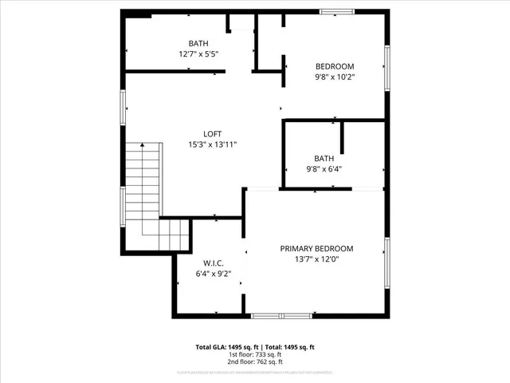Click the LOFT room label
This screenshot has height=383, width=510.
[212, 134]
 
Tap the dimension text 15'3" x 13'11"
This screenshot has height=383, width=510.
[212, 145]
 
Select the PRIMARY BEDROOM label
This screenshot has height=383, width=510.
[316, 249]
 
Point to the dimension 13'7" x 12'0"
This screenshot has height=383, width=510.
[316, 260]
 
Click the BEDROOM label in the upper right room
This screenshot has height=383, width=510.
[335, 66]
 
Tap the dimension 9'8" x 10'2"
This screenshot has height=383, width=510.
[335, 77]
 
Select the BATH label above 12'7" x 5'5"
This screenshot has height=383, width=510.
[198, 43]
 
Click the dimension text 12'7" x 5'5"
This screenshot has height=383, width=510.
[198, 54]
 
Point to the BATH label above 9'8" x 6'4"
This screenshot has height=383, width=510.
[324, 158]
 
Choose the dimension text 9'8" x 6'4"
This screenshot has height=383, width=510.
[324, 169]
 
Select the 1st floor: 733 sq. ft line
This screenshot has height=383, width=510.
[255, 355]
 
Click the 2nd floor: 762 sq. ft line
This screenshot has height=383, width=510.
[255, 362]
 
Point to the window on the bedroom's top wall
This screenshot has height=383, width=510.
[335, 12]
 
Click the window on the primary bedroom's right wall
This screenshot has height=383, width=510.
[387, 261]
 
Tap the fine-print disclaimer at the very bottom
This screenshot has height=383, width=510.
[255, 373]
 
